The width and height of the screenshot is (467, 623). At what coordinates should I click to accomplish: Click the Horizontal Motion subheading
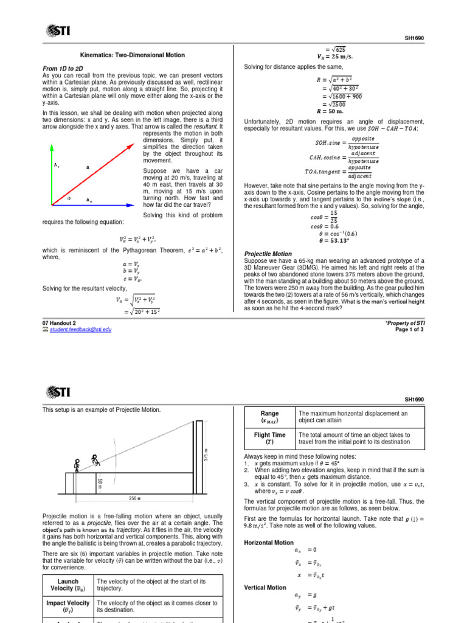tap(269, 542)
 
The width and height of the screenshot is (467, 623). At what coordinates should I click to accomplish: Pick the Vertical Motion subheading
tap(265, 588)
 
